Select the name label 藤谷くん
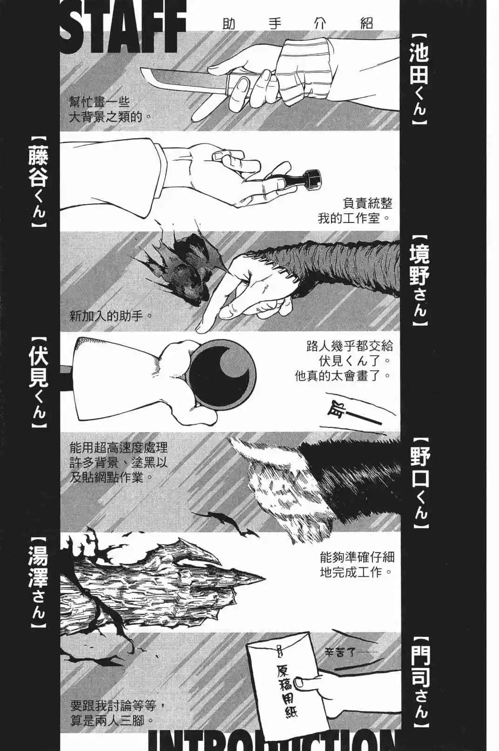pyautogui.click(x=38, y=182)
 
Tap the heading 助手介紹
pyautogui.click(x=298, y=22)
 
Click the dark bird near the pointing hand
pyautogui.click(x=184, y=270)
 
